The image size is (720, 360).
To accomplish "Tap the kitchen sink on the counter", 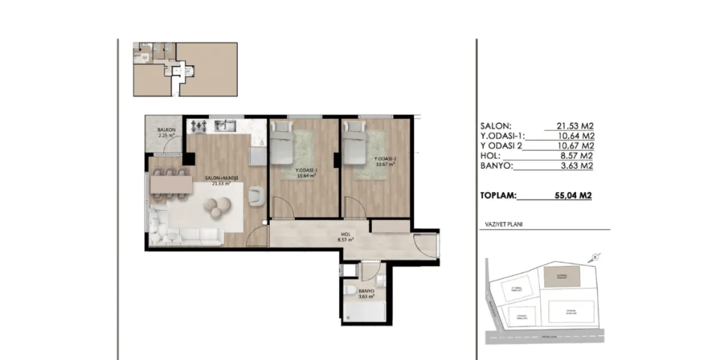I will pyautogui.click(x=225, y=126).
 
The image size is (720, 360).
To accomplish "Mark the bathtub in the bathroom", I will pyautogui.click(x=364, y=311).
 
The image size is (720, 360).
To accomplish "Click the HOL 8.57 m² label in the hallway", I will pyautogui.click(x=345, y=238).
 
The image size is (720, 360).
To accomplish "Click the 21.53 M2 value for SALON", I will pyautogui.click(x=573, y=125).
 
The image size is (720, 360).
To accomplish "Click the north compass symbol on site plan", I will pyautogui.click(x=595, y=257).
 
